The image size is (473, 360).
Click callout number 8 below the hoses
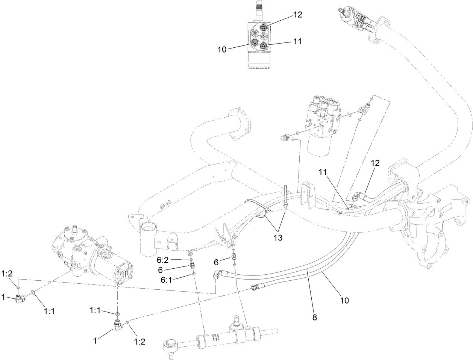click(314, 317)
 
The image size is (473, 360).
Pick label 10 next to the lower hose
click(344, 301)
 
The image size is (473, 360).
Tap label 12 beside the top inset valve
click(298, 15)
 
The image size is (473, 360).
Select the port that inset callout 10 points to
click(255, 43)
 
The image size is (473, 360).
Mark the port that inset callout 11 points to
click(264, 45)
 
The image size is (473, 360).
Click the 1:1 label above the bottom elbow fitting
click(95, 310)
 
